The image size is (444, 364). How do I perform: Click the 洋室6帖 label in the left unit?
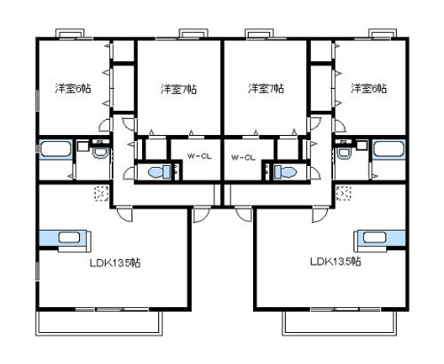pyautogui.click(x=71, y=88)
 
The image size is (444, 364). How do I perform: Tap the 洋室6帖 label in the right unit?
pyautogui.click(x=368, y=88)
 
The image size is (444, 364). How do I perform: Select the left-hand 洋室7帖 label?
pyautogui.click(x=178, y=88)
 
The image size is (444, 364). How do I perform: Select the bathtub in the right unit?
pyautogui.click(x=388, y=150)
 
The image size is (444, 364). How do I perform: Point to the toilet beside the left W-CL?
pyautogui.click(x=159, y=171)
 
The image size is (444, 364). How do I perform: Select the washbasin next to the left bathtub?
pyautogui.click(x=99, y=154)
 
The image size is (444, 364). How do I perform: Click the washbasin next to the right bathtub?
pyautogui.click(x=345, y=154)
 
